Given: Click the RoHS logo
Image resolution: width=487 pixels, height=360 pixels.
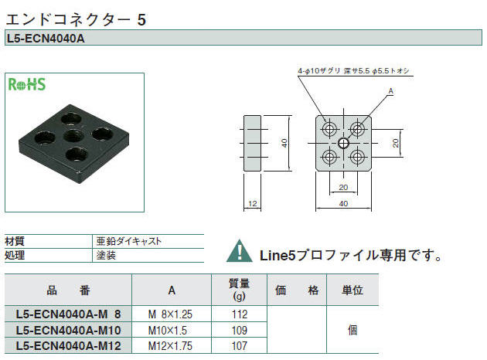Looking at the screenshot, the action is (27, 84).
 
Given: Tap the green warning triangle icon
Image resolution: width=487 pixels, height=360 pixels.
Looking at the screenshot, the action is (239, 251).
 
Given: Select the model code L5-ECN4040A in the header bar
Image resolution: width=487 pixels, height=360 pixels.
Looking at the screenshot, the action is (46, 39).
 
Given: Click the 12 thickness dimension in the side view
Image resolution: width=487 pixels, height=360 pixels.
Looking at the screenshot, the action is (253, 204).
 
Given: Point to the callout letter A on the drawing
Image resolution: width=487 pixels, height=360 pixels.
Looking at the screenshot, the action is (390, 91).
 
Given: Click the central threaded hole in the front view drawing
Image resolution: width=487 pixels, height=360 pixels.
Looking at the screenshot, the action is (343, 143).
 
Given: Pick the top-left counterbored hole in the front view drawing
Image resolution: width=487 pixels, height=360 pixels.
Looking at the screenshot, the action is (329, 129).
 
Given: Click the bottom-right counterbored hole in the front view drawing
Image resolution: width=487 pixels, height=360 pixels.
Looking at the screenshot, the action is (357, 157).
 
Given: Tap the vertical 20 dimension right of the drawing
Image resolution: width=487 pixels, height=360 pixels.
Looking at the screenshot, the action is (395, 143).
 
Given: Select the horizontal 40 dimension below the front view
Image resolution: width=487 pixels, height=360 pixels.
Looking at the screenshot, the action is (343, 204).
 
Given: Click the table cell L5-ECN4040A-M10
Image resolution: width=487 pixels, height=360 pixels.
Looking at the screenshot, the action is (68, 330).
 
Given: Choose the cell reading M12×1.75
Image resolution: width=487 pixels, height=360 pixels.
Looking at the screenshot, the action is (170, 346).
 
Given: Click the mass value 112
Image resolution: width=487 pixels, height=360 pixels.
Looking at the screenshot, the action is (240, 314).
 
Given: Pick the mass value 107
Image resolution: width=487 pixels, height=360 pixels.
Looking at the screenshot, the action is (240, 346).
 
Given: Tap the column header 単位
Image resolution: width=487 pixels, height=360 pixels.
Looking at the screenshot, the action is (352, 290).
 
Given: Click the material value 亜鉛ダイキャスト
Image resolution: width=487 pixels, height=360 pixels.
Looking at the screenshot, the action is (129, 241).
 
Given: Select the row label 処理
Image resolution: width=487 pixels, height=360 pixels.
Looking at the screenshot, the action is (15, 255).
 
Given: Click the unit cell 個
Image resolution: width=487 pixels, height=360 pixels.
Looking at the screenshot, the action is (352, 330).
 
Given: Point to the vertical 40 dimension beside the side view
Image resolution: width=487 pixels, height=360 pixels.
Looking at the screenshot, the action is (284, 143).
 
